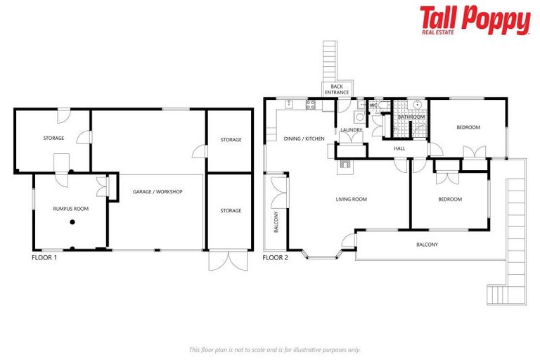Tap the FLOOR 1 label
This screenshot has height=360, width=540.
(x=44, y=258)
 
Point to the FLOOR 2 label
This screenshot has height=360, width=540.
(x=275, y=258)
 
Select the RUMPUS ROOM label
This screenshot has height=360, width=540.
(x=70, y=209)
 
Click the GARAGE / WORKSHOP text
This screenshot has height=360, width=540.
(x=157, y=192)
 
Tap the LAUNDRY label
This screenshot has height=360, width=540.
(x=351, y=130)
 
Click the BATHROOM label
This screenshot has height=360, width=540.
(x=411, y=117)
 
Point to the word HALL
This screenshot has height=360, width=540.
(x=399, y=148)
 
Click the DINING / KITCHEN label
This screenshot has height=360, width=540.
(x=304, y=139)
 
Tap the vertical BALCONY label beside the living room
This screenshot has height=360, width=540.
(x=276, y=221)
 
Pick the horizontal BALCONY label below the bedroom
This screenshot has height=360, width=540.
(x=427, y=245)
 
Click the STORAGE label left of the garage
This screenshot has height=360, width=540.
(x=53, y=139)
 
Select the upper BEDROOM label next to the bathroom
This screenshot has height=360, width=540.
(x=468, y=127)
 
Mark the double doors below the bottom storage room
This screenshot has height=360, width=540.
(x=229, y=260)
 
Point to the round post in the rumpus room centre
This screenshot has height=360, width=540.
(x=72, y=223)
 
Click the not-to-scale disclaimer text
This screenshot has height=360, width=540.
(x=275, y=349)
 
